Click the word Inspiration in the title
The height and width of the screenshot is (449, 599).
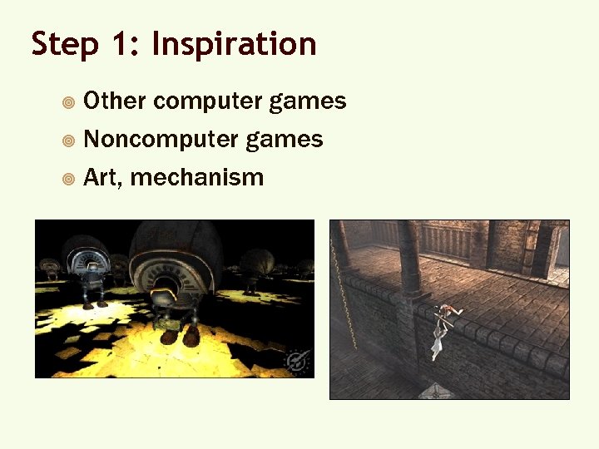(x=234, y=44)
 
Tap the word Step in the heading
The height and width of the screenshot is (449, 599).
(x=61, y=44)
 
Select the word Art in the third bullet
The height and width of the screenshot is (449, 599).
(x=101, y=176)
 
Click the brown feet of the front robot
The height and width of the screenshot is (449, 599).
(x=179, y=333)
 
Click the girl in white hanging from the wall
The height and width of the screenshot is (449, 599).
(x=437, y=337)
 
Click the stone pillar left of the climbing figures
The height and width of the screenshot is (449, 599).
(x=408, y=258)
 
